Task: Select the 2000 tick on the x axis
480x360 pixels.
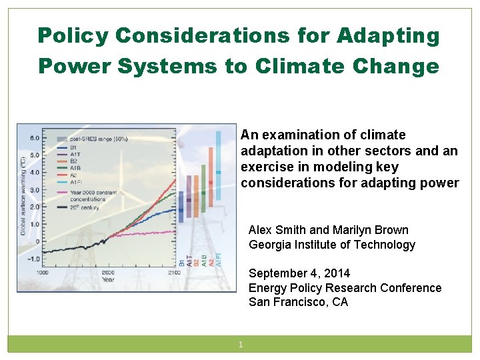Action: [107, 273]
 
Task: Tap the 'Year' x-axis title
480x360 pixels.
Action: [107, 280]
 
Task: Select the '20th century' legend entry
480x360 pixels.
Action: [83, 207]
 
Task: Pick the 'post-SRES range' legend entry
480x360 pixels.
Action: [91, 139]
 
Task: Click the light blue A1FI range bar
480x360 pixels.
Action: [218, 167]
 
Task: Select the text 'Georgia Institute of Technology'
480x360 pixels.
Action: [331, 245]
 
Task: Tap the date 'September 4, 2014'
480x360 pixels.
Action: [299, 273]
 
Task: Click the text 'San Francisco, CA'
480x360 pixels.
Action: [298, 302]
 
